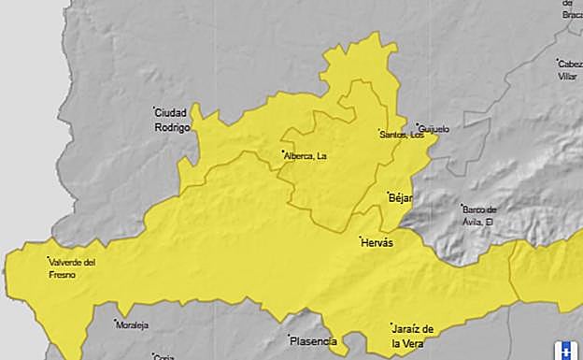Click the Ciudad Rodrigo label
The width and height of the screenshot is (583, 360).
point(171,119)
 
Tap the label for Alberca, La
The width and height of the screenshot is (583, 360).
point(306,155)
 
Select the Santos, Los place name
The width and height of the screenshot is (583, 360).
point(402,135)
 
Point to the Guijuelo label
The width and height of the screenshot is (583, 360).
point(434,128)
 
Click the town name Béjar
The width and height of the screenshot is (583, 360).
point(401,197)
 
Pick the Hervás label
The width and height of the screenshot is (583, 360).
point(377,242)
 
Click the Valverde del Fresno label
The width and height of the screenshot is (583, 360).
point(72,268)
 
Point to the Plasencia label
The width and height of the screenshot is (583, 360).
point(313,341)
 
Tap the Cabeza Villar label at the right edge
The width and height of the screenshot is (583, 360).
point(569,70)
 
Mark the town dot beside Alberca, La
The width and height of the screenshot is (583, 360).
point(282,152)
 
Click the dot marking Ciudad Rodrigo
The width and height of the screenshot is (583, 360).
point(155,109)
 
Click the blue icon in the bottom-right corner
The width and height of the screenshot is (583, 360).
point(565,351)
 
